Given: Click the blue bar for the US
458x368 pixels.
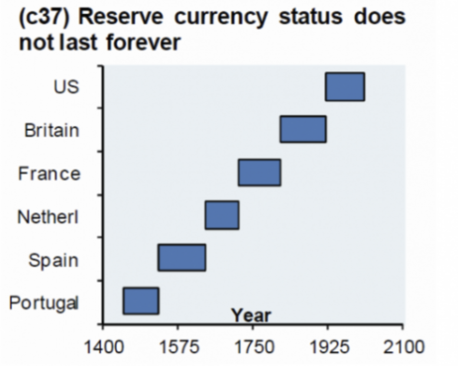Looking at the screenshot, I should pyautogui.click(x=345, y=87).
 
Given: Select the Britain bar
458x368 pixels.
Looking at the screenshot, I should pyautogui.click(x=303, y=129).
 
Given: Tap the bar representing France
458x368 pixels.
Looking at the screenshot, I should pyautogui.click(x=259, y=172).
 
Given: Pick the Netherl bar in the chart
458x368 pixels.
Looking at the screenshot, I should pyautogui.click(x=222, y=215).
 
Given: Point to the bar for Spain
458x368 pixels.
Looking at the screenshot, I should pyautogui.click(x=182, y=257).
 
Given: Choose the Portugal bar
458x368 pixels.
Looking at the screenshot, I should pyautogui.click(x=141, y=301).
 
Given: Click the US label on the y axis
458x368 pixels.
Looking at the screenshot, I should pyautogui.click(x=66, y=87).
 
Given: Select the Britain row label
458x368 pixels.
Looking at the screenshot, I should pyautogui.click(x=52, y=131).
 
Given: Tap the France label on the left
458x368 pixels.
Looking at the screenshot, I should pyautogui.click(x=49, y=173).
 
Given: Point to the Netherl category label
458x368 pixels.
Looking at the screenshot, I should pyautogui.click(x=48, y=216).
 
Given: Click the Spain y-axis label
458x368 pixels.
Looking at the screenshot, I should pyautogui.click(x=54, y=260).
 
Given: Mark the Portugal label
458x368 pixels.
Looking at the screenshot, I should pyautogui.click(x=44, y=303).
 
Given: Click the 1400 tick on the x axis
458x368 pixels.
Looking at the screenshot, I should pyautogui.click(x=104, y=347).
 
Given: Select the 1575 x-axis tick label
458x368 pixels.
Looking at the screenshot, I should pyautogui.click(x=179, y=347).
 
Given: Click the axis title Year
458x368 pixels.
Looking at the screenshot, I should pyautogui.click(x=251, y=316).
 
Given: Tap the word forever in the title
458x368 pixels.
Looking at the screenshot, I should pyautogui.click(x=143, y=42).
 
